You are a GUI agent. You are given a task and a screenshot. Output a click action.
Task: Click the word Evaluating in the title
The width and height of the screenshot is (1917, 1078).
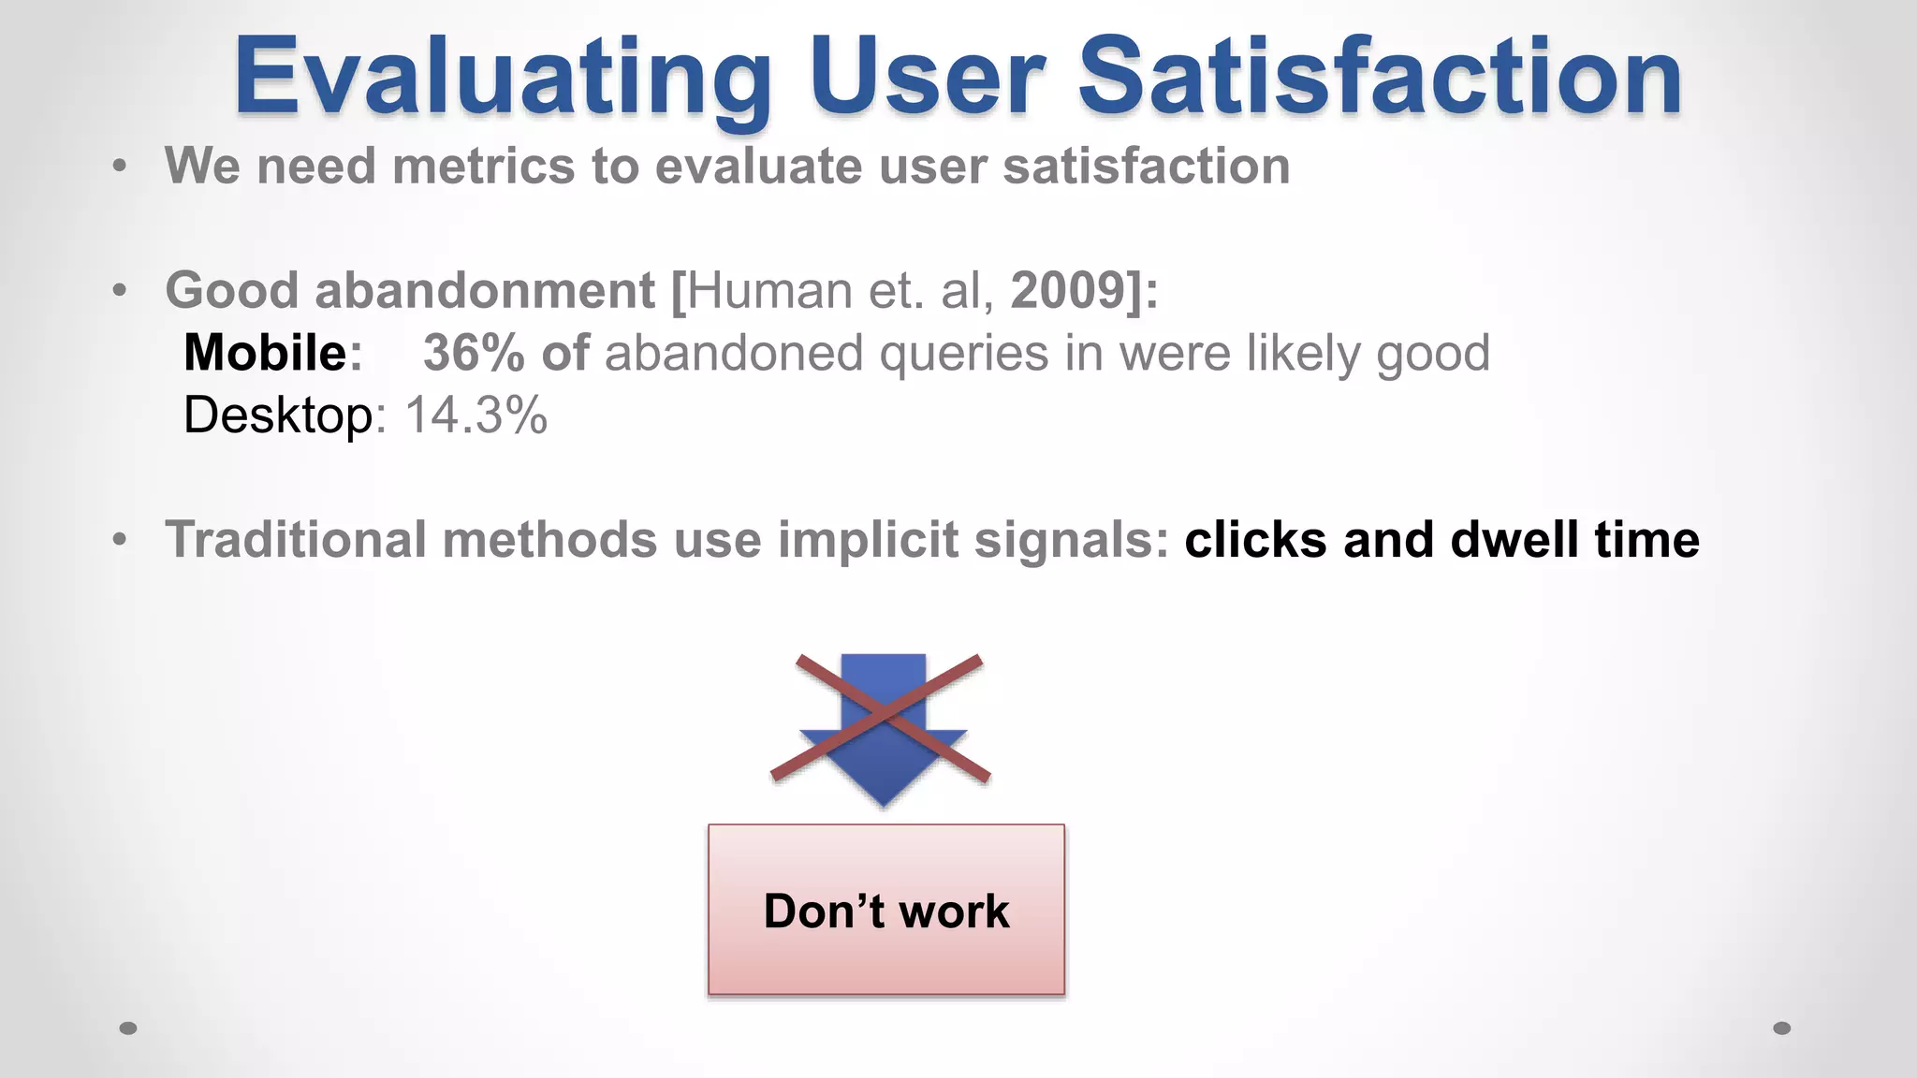(502, 77)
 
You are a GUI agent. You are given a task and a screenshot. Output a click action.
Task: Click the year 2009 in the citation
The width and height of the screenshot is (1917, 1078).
(1068, 290)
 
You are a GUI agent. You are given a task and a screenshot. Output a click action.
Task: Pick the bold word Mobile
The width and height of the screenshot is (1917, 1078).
(266, 353)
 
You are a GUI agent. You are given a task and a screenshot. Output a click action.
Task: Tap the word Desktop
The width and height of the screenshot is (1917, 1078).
(278, 415)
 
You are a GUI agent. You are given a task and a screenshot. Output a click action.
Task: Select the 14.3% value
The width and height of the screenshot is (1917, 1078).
(476, 415)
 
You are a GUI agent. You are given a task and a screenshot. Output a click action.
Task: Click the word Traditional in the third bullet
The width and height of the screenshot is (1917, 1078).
(296, 540)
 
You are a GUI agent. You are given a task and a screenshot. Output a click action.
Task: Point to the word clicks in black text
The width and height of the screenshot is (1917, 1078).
(1255, 540)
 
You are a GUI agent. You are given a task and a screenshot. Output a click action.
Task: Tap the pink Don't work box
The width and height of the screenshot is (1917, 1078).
(886, 910)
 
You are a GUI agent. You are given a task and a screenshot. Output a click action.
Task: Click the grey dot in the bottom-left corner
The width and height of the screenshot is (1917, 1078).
(128, 1028)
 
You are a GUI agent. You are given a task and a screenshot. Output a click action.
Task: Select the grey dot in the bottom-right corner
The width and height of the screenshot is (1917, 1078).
(1782, 1028)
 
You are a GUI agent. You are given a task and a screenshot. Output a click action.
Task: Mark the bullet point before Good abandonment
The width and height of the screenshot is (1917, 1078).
(119, 291)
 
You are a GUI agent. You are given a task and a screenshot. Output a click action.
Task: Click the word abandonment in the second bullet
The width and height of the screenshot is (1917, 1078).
(485, 290)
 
